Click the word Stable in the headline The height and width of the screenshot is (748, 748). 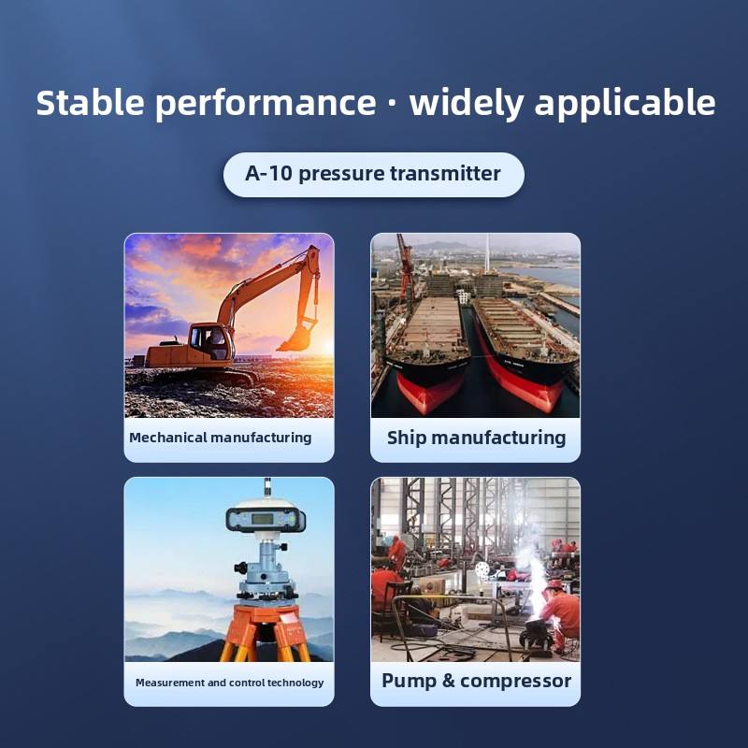pyautogui.click(x=90, y=102)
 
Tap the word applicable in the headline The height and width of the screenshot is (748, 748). pyautogui.click(x=625, y=104)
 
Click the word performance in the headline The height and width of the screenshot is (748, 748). pyautogui.click(x=266, y=105)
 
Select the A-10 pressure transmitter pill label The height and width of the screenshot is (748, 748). pyautogui.click(x=373, y=174)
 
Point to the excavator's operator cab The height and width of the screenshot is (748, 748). pyautogui.click(x=209, y=342)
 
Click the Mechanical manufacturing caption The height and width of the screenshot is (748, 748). pyautogui.click(x=220, y=438)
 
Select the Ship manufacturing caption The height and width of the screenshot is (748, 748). pyautogui.click(x=476, y=438)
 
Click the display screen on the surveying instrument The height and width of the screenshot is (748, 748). pyautogui.click(x=263, y=519)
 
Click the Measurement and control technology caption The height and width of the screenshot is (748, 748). pyautogui.click(x=229, y=683)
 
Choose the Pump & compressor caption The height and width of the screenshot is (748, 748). pyautogui.click(x=476, y=682)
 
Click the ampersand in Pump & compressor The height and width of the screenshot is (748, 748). pyautogui.click(x=448, y=681)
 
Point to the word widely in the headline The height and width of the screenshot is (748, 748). pyautogui.click(x=467, y=104)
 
